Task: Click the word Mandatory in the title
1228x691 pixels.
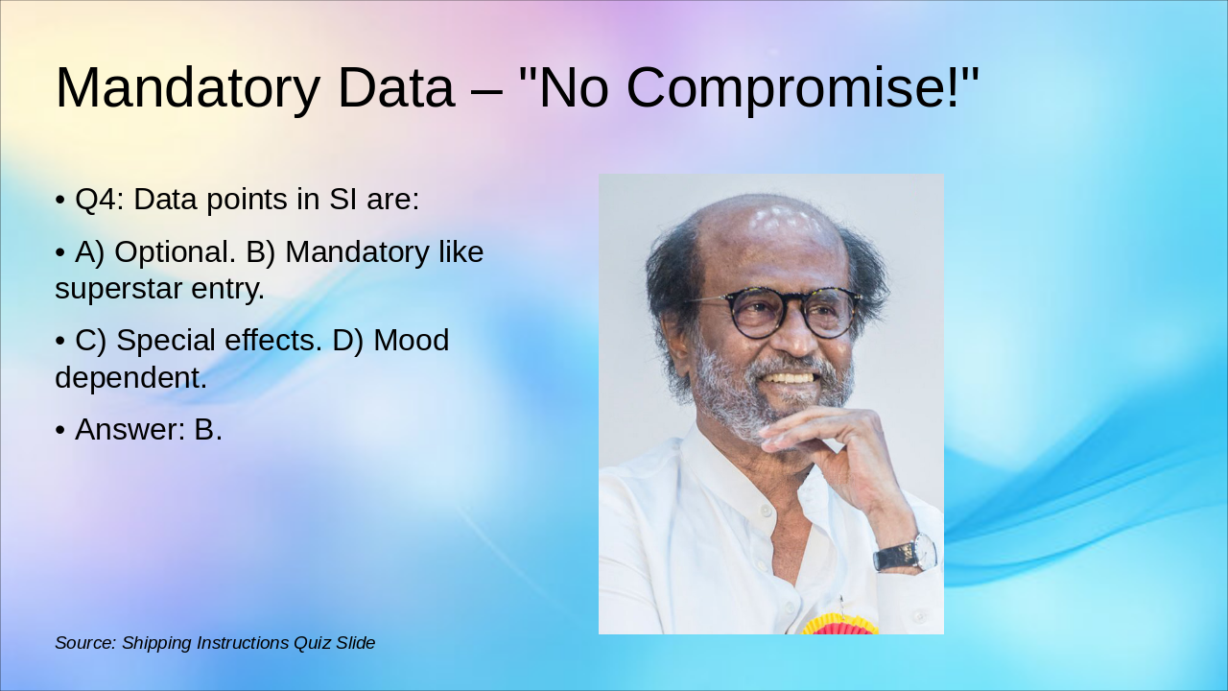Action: pos(187,88)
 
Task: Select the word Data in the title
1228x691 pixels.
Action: pos(395,88)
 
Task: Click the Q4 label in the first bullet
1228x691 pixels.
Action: pos(99,200)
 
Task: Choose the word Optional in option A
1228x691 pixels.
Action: pos(175,252)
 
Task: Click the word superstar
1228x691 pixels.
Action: pos(125,289)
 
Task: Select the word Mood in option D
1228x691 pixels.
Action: pos(412,341)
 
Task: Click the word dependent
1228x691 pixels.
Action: pos(130,378)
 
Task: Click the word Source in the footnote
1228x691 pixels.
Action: pos(84,643)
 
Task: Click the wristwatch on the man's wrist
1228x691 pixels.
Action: pos(908,554)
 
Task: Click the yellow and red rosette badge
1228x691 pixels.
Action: pos(839,626)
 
